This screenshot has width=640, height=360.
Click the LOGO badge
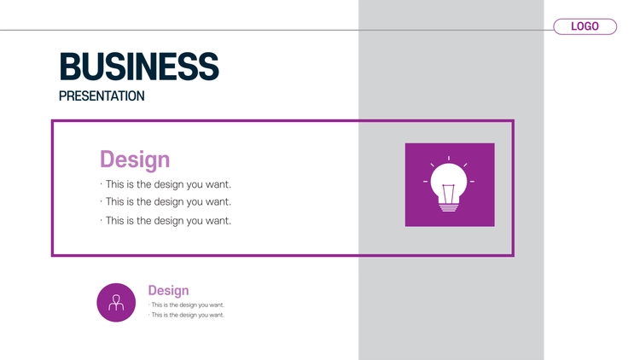(x=585, y=26)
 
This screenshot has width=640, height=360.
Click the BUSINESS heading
(x=139, y=67)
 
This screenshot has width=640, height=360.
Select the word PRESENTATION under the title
(x=102, y=96)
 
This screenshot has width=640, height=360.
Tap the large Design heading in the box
(x=135, y=160)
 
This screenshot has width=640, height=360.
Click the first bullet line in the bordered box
(x=166, y=184)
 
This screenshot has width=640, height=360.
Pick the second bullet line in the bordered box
(x=166, y=201)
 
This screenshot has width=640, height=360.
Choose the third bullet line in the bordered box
(x=166, y=221)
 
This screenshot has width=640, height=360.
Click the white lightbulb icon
(x=449, y=184)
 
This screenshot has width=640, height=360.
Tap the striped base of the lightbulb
(x=449, y=207)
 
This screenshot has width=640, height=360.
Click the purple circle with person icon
(x=116, y=303)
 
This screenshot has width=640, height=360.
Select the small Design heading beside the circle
(x=168, y=291)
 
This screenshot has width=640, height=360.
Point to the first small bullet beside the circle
(x=187, y=305)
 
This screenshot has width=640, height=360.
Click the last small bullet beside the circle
(x=187, y=315)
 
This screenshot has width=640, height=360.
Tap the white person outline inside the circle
(x=116, y=303)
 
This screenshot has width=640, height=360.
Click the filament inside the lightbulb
(x=448, y=194)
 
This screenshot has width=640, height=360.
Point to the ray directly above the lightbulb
(x=449, y=159)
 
